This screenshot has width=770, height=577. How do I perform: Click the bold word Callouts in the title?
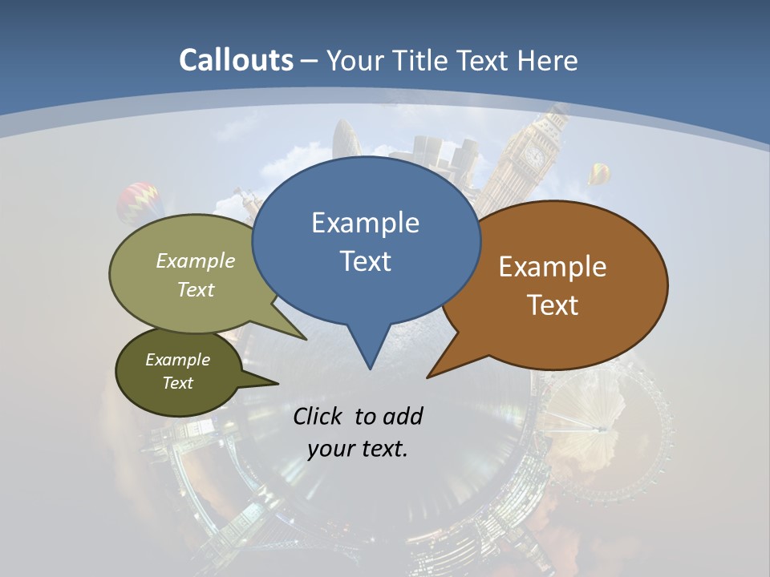pyautogui.click(x=236, y=61)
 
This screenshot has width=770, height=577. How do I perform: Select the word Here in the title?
pyautogui.click(x=547, y=61)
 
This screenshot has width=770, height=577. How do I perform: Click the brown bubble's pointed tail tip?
pyautogui.click(x=428, y=377)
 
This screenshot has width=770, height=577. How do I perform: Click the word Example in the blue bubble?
pyautogui.click(x=365, y=223)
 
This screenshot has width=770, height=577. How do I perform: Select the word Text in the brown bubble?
pyautogui.click(x=553, y=305)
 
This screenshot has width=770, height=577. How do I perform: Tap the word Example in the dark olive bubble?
pyautogui.click(x=177, y=360)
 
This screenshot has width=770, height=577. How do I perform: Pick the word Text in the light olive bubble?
pyautogui.click(x=196, y=290)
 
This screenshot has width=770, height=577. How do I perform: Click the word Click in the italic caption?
pyautogui.click(x=320, y=416)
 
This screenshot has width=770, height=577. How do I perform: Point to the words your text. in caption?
pyautogui.click(x=358, y=449)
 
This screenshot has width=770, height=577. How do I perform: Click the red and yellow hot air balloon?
pyautogui.click(x=140, y=202)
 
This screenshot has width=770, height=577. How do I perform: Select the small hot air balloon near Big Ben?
pyautogui.click(x=598, y=172)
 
